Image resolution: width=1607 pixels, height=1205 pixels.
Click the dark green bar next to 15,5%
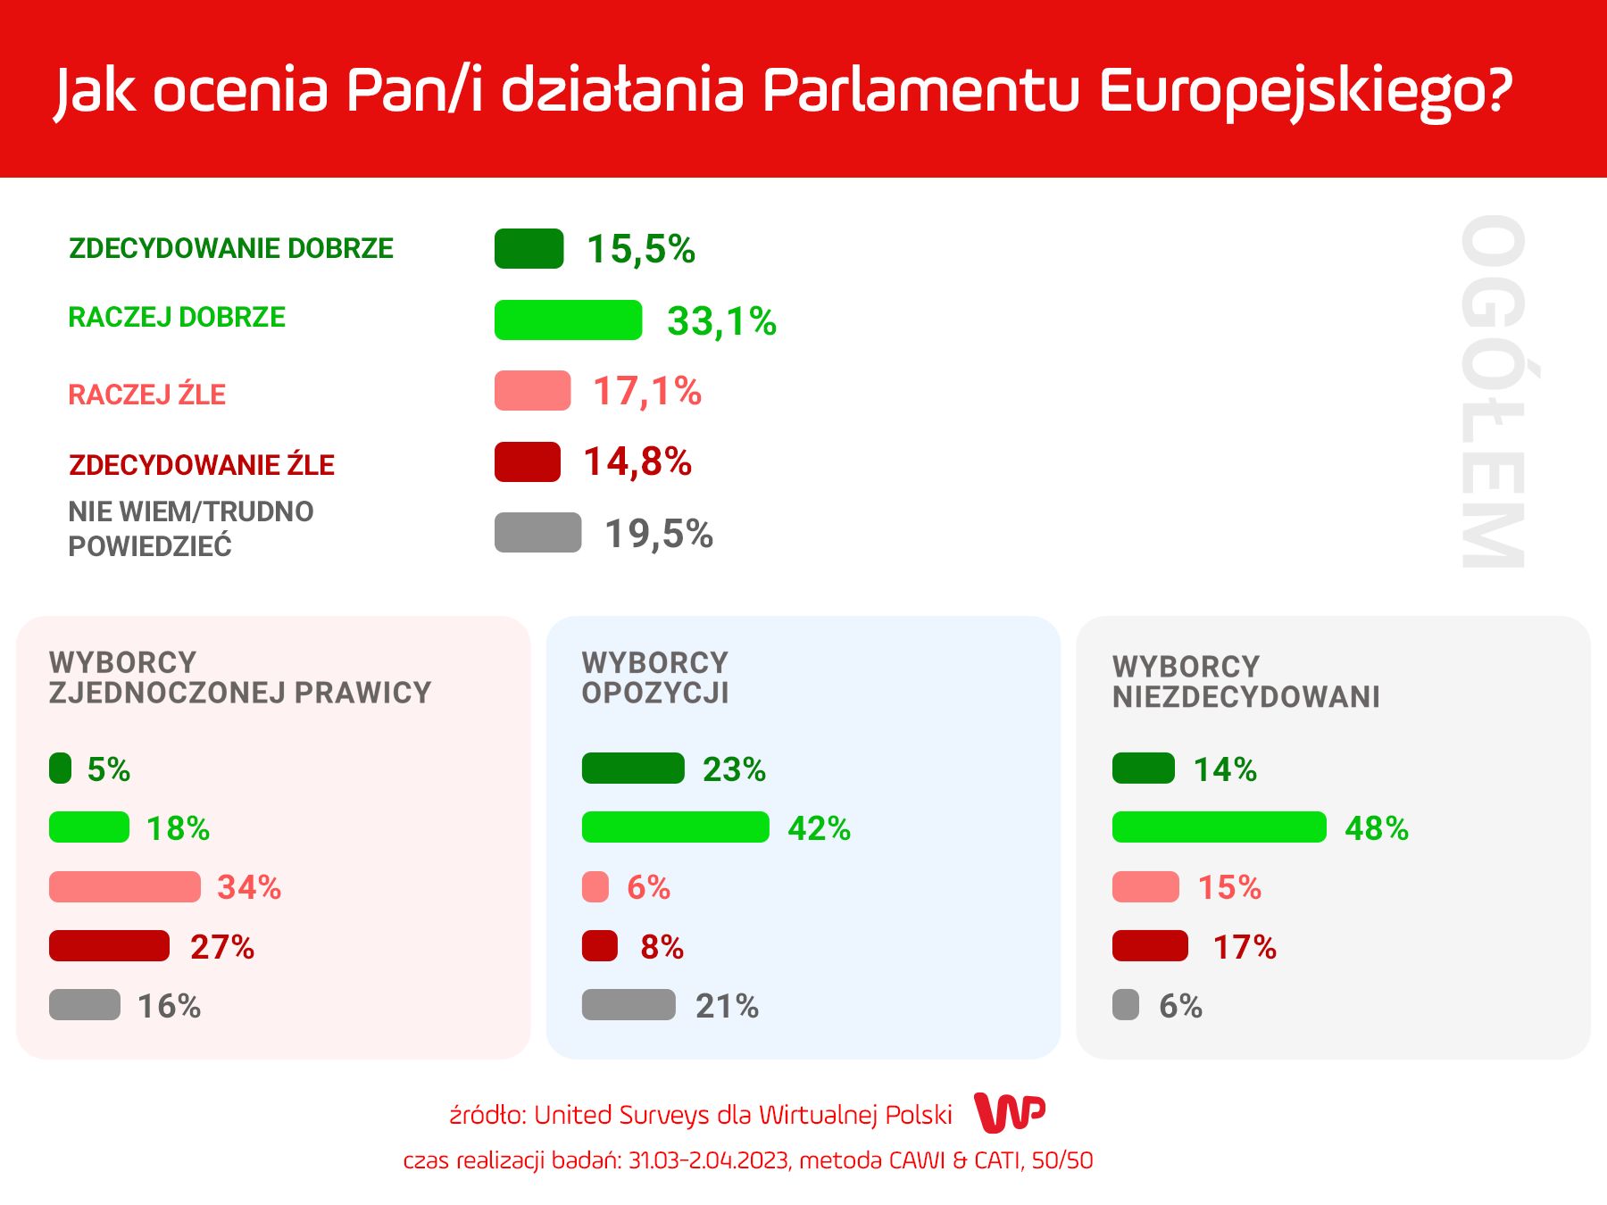pyautogui.click(x=529, y=249)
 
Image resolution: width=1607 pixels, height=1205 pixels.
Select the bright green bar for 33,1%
pyautogui.click(x=568, y=320)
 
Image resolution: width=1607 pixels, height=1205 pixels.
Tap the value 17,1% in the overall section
pyautogui.click(x=647, y=391)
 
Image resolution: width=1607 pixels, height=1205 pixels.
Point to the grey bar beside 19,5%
pyautogui.click(x=537, y=532)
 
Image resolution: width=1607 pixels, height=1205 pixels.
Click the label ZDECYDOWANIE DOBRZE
pyautogui.click(x=231, y=248)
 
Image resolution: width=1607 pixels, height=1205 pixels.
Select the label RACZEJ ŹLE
pyautogui.click(x=147, y=394)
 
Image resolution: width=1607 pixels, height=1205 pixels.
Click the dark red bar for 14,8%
pyautogui.click(x=528, y=461)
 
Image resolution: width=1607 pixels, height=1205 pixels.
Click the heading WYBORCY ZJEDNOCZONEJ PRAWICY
pyautogui.click(x=240, y=677)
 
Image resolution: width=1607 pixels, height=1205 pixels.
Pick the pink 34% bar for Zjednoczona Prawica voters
pyautogui.click(x=124, y=886)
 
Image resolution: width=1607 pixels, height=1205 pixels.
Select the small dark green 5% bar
pyautogui.click(x=60, y=768)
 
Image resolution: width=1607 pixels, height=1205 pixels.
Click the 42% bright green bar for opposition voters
pyautogui.click(x=675, y=827)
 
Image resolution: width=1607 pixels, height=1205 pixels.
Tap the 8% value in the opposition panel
pyautogui.click(x=662, y=946)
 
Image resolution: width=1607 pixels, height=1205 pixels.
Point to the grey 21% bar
pyautogui.click(x=629, y=1004)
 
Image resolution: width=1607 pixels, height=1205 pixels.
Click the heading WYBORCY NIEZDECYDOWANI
pyautogui.click(x=1245, y=681)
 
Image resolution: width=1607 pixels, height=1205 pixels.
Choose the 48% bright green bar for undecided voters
pyautogui.click(x=1219, y=827)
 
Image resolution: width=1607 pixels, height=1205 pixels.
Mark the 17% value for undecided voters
pyautogui.click(x=1245, y=946)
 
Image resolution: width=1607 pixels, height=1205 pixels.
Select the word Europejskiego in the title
pyautogui.click(x=1305, y=91)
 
